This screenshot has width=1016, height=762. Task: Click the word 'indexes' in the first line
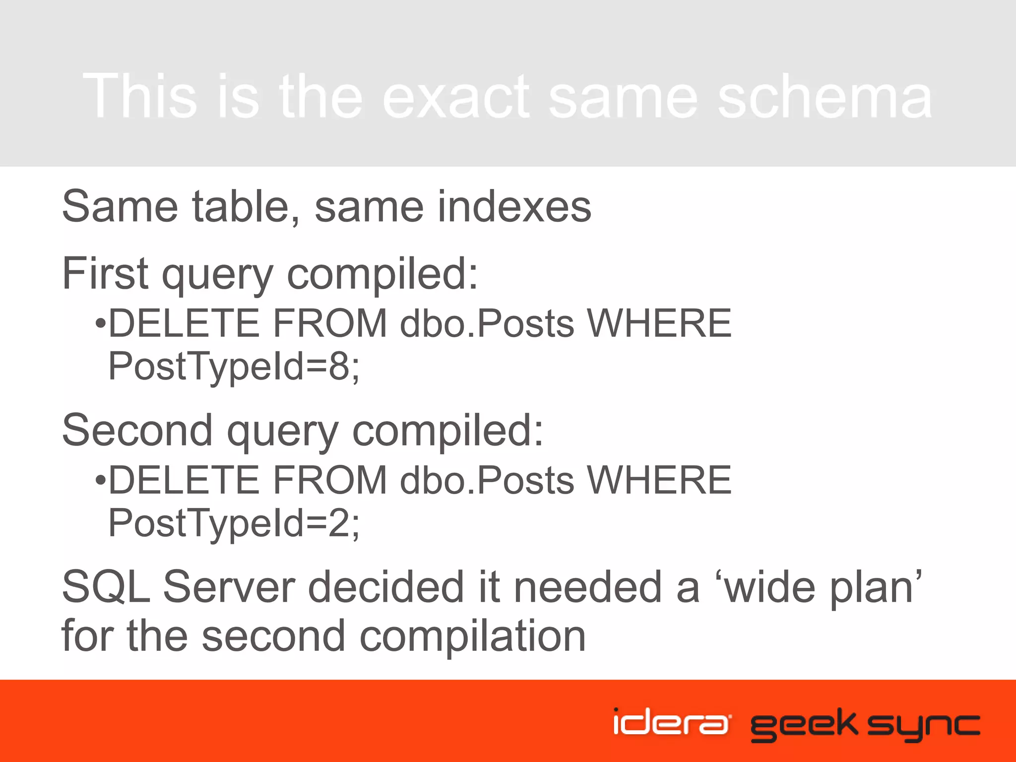tap(514, 207)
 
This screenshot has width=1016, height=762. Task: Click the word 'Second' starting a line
tap(137, 430)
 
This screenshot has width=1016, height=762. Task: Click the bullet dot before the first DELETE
tap(101, 324)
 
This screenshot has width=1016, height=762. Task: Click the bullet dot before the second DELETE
tap(101, 481)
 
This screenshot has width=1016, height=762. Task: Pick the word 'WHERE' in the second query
tap(659, 481)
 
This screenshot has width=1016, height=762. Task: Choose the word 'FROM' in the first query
tap(330, 324)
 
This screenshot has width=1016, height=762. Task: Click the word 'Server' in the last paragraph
tap(229, 587)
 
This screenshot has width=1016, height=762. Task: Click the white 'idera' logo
tap(671, 722)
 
